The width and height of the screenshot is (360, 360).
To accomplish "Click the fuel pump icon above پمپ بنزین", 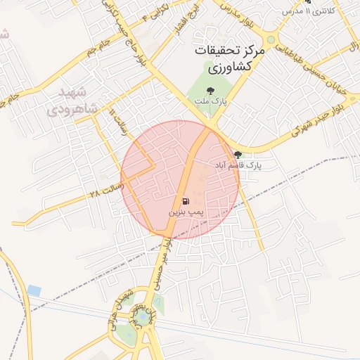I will coord(185,200).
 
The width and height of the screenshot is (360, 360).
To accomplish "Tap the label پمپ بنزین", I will coord(186,211).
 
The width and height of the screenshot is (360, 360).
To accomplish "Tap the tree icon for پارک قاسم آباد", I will coord(238,155).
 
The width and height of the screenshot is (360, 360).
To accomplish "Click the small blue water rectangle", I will coord(34,290).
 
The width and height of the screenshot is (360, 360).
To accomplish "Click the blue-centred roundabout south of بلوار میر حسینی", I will coord(143,319).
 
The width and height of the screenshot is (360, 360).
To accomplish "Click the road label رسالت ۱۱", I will coord(117,123).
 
